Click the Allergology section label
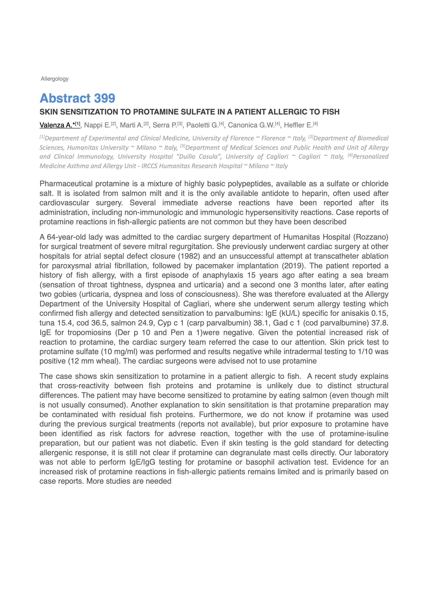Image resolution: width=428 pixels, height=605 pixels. click(55, 79)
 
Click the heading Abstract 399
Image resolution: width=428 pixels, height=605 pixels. click(77, 98)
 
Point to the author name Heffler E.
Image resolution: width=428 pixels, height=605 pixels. click(298, 125)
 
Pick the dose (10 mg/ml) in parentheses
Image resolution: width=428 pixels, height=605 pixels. click(124, 352)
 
